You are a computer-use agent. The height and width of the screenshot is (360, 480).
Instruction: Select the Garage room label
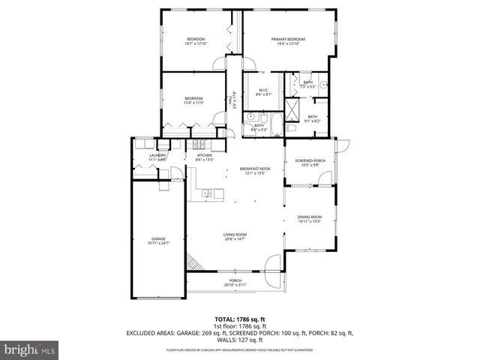(x=157, y=238)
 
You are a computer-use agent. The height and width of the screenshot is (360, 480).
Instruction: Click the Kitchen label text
(x=205, y=155)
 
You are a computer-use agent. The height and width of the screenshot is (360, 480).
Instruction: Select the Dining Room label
(x=310, y=217)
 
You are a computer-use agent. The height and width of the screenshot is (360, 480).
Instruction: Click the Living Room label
(x=235, y=235)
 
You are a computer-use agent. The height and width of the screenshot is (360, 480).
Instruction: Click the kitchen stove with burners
(x=200, y=143)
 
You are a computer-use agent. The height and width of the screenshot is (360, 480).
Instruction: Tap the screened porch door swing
(x=324, y=179)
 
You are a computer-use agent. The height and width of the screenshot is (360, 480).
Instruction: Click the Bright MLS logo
(x=26, y=349)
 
